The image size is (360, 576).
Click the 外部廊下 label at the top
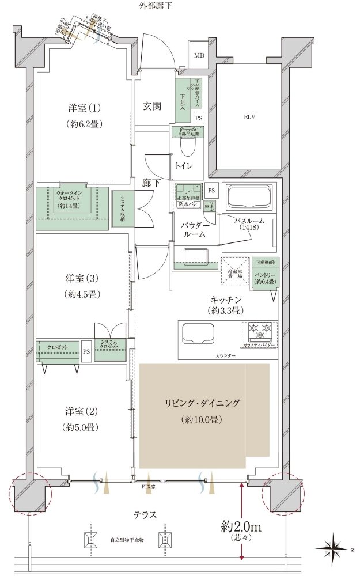click(x=155, y=6)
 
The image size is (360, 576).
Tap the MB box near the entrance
click(x=199, y=55)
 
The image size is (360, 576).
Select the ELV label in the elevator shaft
click(x=249, y=117)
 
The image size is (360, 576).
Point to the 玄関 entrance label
click(x=152, y=106)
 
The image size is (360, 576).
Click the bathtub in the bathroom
click(x=248, y=198)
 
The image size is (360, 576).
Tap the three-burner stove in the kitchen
click(x=259, y=332)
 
